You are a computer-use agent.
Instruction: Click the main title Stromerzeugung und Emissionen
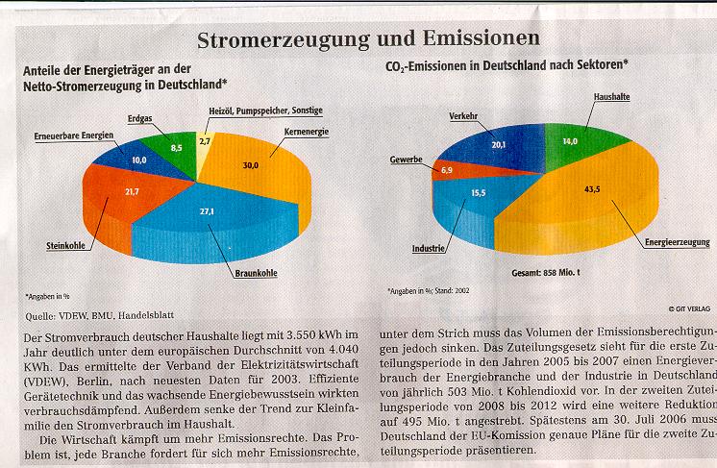367,39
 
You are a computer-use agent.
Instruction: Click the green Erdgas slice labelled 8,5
176,150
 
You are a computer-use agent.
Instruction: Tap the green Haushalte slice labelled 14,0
570,141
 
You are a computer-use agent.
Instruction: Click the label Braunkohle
256,273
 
